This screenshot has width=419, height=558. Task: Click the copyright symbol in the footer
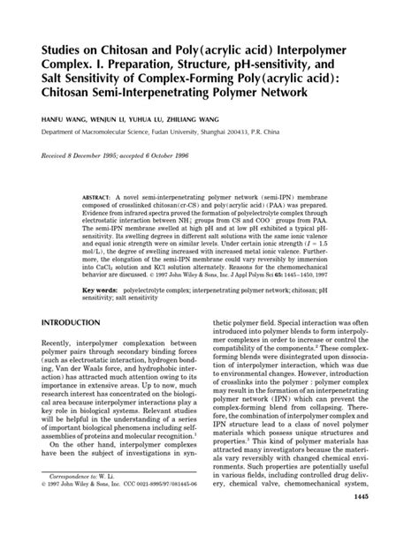(44, 510)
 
